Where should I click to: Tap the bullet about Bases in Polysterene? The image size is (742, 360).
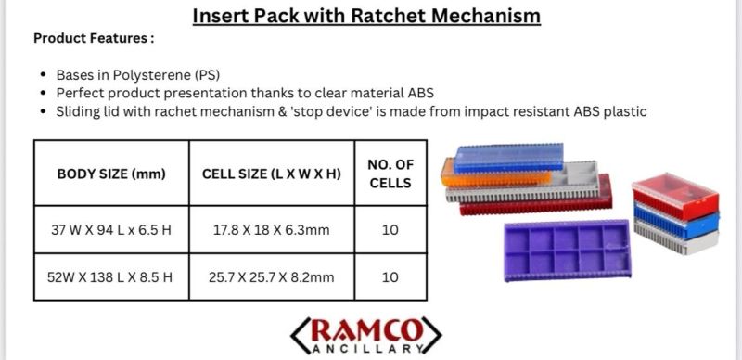[138, 74]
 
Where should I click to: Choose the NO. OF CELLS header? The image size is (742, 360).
[390, 174]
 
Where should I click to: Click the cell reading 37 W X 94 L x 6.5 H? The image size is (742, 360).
[111, 230]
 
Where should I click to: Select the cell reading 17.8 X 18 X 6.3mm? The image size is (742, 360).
[271, 230]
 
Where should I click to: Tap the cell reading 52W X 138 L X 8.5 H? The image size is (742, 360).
[111, 276]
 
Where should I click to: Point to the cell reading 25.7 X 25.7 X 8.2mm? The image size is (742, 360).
[271, 276]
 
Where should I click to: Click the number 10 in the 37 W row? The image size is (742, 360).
[390, 230]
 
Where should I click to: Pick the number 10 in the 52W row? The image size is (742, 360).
[390, 276]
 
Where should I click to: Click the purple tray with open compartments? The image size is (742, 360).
[566, 249]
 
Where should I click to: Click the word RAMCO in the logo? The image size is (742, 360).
[366, 329]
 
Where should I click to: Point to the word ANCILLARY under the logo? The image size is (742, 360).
[366, 349]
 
